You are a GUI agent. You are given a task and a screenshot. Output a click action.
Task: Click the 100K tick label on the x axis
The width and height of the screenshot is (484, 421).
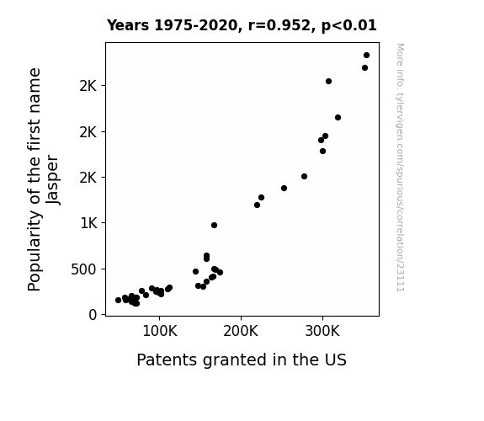coord(160,331)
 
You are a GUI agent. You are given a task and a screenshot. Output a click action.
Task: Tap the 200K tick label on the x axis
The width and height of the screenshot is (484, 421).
coord(241,331)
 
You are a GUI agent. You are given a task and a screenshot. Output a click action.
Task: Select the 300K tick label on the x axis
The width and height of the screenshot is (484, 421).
coord(322,331)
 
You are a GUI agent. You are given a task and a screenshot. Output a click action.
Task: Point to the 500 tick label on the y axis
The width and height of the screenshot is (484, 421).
coord(84,269)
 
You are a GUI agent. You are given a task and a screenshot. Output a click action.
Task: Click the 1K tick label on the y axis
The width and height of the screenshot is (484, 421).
coord(89,223)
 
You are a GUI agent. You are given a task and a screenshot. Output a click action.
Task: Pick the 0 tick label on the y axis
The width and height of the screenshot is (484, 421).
coord(93,315)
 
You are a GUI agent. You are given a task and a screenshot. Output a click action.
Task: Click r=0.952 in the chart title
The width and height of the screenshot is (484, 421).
coord(279,25)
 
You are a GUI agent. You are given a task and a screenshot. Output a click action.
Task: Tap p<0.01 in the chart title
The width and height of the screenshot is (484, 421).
coord(348,26)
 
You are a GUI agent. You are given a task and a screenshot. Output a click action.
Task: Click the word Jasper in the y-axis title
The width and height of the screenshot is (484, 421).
coord(52,179)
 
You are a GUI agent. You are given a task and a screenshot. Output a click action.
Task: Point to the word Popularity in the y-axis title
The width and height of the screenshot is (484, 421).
coord(34,250)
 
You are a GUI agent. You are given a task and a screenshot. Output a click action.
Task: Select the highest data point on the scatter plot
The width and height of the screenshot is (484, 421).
coord(366,56)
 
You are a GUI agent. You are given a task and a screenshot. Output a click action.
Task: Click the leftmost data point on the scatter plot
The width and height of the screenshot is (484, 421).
coord(118,300)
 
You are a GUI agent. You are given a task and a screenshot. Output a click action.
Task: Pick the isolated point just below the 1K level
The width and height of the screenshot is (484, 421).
coord(214,225)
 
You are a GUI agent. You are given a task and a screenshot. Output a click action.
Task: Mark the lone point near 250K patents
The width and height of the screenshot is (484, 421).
coord(284,188)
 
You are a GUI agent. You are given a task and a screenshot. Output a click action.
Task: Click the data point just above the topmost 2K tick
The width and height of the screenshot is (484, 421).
coord(329,81)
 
